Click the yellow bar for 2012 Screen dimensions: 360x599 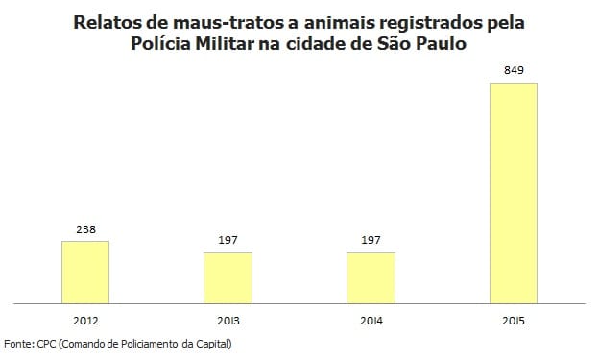pos(85,273)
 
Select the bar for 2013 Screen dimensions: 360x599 pos(228,278)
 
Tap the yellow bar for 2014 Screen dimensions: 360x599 pos(371,278)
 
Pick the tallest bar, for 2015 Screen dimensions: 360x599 pos(514,193)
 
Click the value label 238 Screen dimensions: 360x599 pos(85,230)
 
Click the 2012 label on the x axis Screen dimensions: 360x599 pos(85,319)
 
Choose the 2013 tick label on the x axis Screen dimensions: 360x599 pos(228,319)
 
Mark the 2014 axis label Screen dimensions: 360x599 pos(371,319)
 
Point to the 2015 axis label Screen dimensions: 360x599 pos(514,319)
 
